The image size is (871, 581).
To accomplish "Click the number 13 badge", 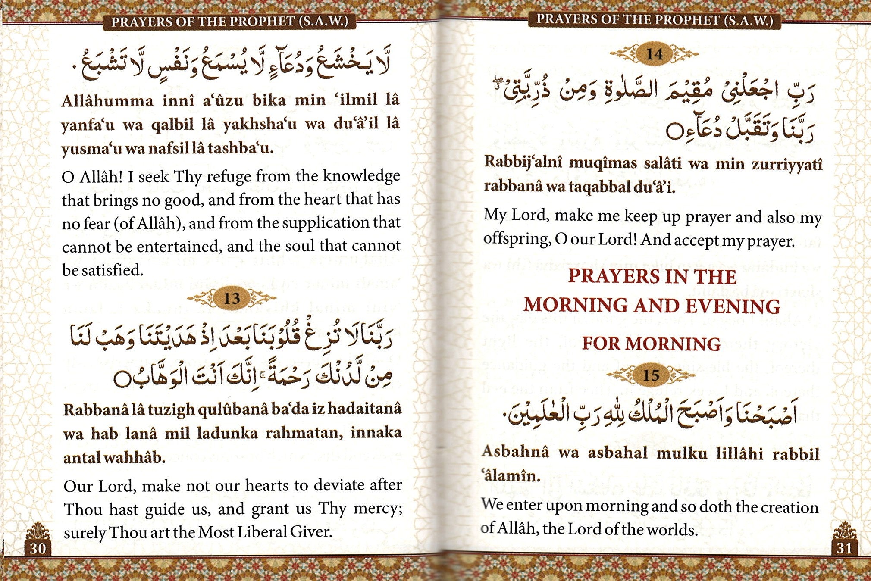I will pos(232,298).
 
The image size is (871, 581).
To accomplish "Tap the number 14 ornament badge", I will pos(654,54).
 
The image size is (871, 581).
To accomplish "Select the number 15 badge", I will pos(651,375).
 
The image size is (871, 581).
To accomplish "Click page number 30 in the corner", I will pos(38,548).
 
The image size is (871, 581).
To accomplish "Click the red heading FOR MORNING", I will pos(651,344).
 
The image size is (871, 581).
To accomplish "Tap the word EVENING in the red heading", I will pos(733,306).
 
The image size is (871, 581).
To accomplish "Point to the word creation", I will pos(789,507).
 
